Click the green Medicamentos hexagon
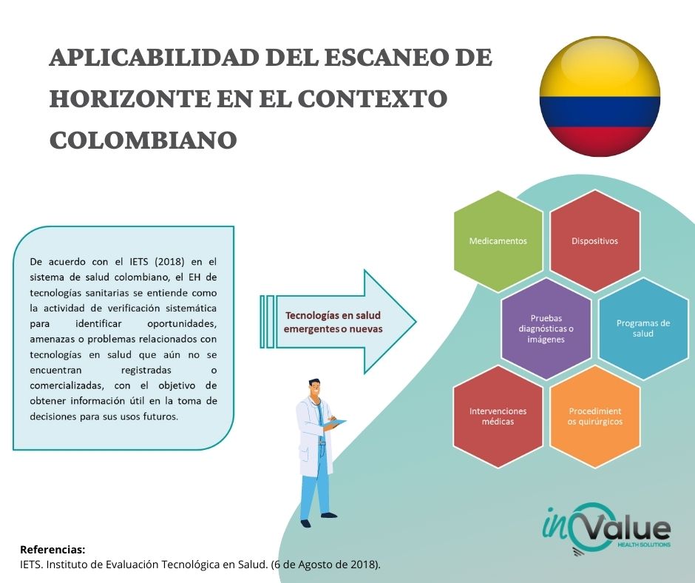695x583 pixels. click(498, 241)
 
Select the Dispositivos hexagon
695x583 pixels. click(595, 241)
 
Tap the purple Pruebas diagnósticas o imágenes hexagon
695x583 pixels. click(546, 328)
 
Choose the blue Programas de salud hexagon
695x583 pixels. click(643, 328)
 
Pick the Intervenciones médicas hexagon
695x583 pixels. click(498, 417)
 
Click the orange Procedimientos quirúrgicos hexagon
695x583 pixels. click(595, 417)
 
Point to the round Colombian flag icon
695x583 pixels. click(600, 96)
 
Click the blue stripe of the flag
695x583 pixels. click(600, 112)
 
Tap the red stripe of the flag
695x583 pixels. click(600, 141)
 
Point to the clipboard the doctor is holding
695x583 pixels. click(335, 423)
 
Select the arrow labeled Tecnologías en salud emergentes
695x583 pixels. click(338, 322)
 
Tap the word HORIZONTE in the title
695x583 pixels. click(129, 98)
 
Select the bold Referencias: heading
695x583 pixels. click(52, 550)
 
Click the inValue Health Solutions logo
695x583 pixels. click(606, 529)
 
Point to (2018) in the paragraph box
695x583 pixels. click(169, 262)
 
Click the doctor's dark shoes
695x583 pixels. click(318, 519)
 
